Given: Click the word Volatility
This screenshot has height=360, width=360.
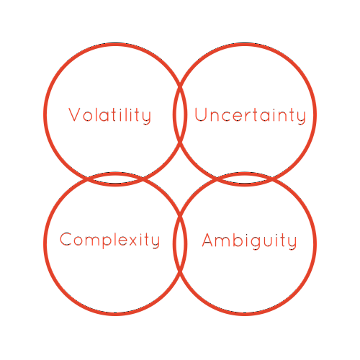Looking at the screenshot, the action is point(110,116).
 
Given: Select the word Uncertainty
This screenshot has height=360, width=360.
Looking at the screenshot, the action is point(250,116).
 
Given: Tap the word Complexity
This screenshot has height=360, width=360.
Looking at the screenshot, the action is point(109,240).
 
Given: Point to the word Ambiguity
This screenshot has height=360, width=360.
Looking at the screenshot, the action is point(250,240).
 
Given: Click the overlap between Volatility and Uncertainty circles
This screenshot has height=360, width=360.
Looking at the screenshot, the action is point(180,114).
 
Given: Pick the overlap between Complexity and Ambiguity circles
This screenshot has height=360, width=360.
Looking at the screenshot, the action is point(180,243).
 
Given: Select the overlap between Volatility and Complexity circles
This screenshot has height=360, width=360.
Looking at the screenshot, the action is point(115,179).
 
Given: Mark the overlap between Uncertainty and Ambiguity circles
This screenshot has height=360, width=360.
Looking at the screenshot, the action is point(244,179).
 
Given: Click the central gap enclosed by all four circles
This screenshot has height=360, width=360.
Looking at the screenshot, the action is point(180,179).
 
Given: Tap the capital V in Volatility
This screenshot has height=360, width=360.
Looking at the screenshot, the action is point(74,114).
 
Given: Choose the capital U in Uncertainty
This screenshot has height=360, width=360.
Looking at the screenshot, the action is point(201,114).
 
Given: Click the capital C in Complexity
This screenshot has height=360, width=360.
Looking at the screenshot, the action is point(66,239).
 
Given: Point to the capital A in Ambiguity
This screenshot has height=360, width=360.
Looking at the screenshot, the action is point(208,240).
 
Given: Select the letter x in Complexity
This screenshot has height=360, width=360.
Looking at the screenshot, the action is point(132,241).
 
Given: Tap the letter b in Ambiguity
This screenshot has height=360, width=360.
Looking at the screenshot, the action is point(240,240).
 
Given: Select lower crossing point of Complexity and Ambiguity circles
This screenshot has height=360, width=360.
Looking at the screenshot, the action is point(180,273).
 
